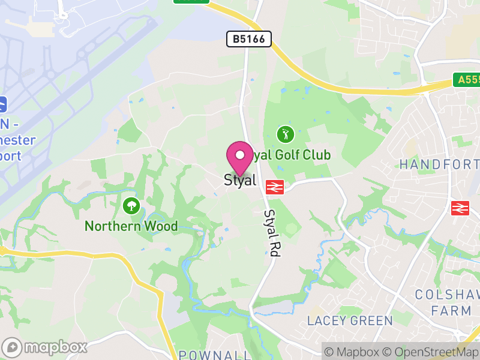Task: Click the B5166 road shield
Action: click(x=249, y=39)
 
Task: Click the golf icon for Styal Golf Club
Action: click(x=286, y=134)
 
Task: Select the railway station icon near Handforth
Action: click(x=460, y=208)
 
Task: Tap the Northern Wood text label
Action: click(x=131, y=226)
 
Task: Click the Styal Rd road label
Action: click(x=272, y=233)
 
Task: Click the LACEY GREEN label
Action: click(x=350, y=320)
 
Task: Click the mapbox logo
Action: click(x=45, y=347)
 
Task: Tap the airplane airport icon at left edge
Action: click(x=2, y=104)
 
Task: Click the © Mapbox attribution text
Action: click(x=354, y=352)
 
